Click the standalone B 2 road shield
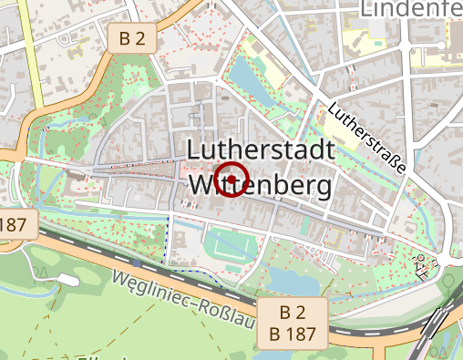tap(132, 37)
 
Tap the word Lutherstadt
tap(261, 150)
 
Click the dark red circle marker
tap(233, 180)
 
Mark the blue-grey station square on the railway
tap(136, 263)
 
